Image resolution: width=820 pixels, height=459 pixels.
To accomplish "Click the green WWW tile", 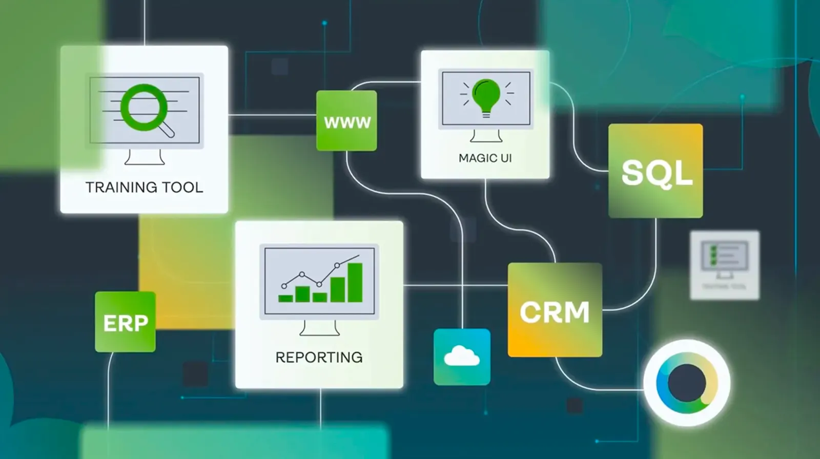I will coord(346,121).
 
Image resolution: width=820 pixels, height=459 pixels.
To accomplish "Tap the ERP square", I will coord(125,322).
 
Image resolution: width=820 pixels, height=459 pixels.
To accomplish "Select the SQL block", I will coord(655,171).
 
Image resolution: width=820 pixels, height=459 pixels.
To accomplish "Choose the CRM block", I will coord(555,310).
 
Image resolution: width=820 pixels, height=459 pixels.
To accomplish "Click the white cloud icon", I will coord(462,356).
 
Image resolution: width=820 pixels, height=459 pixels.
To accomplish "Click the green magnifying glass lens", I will coord(144,107).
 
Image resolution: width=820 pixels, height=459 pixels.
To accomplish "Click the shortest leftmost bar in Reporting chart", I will coord(285,298).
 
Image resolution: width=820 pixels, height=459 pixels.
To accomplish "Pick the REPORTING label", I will coord(319,357).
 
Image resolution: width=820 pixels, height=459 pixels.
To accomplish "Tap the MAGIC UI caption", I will coord(485,158).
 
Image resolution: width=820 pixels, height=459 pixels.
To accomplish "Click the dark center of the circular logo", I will coord(687,383).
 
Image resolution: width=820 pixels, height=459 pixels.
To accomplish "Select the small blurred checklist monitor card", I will coord(724,265).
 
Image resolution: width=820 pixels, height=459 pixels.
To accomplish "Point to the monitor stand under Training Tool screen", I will coord(145,157).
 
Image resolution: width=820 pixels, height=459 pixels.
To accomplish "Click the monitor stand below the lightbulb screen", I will coord(486,136).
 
